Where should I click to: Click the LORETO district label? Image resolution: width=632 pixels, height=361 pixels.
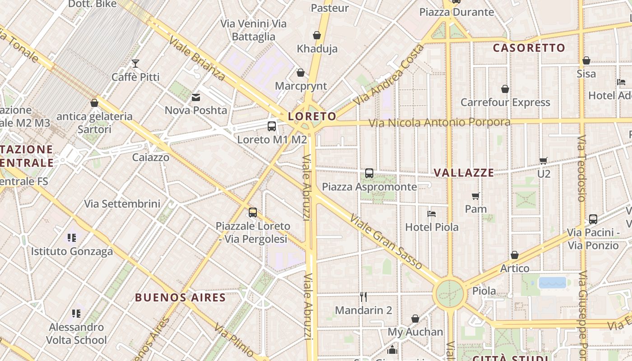pos(312,116)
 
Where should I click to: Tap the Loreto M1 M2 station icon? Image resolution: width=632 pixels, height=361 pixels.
pos(272,126)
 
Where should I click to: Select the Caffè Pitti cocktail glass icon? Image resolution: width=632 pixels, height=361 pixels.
pos(135,64)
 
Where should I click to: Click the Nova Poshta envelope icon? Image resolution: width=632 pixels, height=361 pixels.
pos(196,97)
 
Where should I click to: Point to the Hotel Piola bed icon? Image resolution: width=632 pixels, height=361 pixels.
pos(432,214)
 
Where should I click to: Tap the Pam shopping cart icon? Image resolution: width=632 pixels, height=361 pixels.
pos(475,196)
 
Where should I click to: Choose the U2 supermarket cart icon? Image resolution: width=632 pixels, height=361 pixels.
pos(544,161)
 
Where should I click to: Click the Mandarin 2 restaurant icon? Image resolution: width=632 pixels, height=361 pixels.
pos(363,297)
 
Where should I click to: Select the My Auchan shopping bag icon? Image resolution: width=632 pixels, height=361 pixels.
pos(415,319)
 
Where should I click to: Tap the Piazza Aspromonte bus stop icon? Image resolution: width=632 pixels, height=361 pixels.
pos(369,173)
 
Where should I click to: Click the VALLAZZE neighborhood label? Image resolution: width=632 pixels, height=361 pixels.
pos(464,173)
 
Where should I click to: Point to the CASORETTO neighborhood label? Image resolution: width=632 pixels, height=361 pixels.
pos(529,48)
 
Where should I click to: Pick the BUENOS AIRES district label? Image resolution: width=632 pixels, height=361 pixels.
pos(180,298)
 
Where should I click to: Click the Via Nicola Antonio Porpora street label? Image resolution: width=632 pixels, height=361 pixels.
pos(439,122)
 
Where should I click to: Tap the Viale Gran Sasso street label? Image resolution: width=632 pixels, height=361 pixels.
pos(386,241)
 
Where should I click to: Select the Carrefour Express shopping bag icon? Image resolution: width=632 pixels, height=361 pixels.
pos(505,89)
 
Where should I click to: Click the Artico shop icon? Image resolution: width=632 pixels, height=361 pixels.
pos(515,255)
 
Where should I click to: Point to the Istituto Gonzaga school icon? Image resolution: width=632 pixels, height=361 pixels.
pos(72,238)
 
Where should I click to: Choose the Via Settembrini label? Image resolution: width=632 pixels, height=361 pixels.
pos(122,204)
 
